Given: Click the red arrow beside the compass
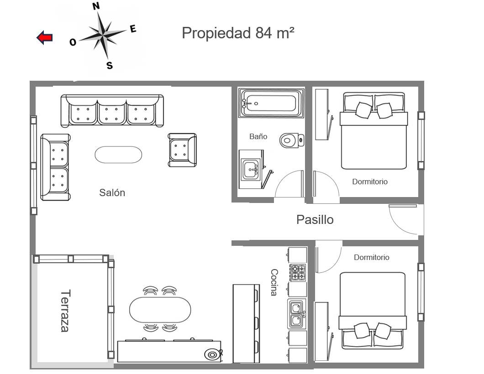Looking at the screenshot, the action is (x=44, y=37).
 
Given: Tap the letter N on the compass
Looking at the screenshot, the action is (x=96, y=6).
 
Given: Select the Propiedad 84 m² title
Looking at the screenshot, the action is (x=238, y=33).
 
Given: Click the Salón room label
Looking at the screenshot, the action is (x=112, y=193).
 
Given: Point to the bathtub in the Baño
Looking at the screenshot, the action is (x=271, y=103).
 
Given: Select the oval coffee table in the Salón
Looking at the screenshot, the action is (x=119, y=155).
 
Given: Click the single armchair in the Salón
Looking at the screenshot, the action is (x=183, y=150).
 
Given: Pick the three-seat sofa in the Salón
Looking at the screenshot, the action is (x=112, y=111).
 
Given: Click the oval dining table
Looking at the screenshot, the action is (x=160, y=310).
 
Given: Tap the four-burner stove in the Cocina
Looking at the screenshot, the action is (x=298, y=272).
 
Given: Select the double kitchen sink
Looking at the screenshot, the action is (x=297, y=314).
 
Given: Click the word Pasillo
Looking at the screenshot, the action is (x=315, y=220).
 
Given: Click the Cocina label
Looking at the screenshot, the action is (x=274, y=282).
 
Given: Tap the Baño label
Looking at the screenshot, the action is (x=258, y=136).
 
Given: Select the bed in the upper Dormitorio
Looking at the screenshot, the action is (x=374, y=131).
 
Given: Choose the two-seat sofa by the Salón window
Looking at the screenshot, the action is (x=55, y=167).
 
